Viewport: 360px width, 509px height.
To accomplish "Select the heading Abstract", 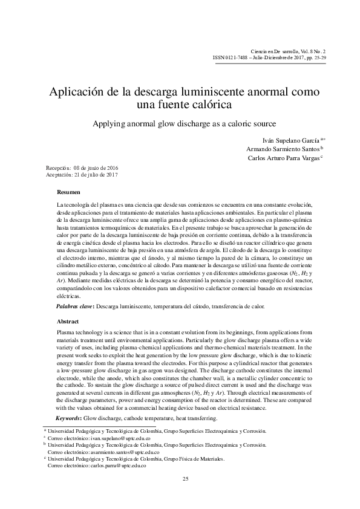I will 67,321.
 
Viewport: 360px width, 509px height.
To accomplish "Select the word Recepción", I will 58,166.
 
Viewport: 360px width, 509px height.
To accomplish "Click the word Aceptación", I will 59,173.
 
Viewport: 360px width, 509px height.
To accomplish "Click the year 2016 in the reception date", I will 110,166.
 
